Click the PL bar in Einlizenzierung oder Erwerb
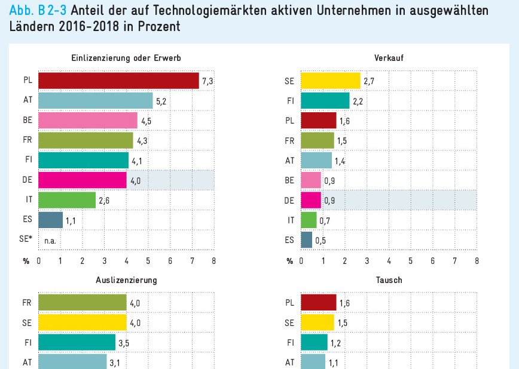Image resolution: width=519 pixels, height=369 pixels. click(118, 81)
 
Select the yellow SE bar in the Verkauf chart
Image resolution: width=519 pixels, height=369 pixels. click(330, 81)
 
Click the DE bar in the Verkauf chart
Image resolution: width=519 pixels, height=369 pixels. click(311, 199)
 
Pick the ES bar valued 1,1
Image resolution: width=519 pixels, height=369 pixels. click(50, 220)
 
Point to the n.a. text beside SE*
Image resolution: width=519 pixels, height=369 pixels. click(50, 240)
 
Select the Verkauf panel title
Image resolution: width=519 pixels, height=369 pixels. click(389, 59)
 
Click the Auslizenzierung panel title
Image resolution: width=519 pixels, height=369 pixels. click(126, 280)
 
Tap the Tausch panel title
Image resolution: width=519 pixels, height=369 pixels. click(389, 280)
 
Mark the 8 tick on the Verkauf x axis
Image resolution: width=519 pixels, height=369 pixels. click(477, 261)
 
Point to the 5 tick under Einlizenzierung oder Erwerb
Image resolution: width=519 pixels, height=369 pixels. click(148, 261)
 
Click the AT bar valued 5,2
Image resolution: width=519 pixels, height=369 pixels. click(96, 101)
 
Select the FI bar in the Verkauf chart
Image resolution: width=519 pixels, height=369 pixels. click(325, 101)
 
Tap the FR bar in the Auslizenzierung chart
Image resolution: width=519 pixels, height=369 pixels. click(83, 302)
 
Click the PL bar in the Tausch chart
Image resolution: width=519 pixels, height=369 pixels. click(318, 302)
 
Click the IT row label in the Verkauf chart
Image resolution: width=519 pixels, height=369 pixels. click(291, 220)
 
